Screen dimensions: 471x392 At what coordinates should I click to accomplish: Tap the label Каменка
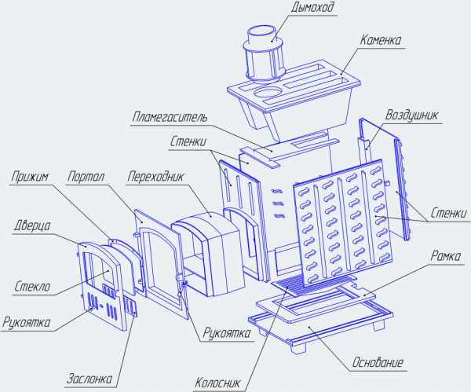click(380, 40)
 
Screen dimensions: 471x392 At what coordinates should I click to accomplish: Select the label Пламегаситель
click(170, 116)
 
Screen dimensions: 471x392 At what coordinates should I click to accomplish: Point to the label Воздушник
click(411, 115)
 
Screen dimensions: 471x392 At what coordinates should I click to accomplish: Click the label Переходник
click(155, 177)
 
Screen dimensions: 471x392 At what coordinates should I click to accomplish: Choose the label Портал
click(86, 177)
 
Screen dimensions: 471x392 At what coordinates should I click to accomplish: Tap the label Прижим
click(30, 177)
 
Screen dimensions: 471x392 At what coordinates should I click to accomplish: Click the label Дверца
click(32, 225)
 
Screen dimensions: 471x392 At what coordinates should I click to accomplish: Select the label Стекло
click(32, 286)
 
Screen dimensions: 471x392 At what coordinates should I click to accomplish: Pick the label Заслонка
click(89, 379)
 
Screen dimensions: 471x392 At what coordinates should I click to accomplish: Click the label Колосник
click(217, 383)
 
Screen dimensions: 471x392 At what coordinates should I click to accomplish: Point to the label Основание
click(378, 362)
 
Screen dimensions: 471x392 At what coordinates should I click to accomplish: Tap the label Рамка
click(445, 256)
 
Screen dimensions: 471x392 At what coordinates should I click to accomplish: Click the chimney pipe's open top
click(261, 31)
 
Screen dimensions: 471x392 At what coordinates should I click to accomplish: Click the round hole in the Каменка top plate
click(268, 92)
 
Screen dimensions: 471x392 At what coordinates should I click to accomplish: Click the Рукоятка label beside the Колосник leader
click(227, 333)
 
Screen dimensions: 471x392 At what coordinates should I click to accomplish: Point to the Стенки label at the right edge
click(449, 213)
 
